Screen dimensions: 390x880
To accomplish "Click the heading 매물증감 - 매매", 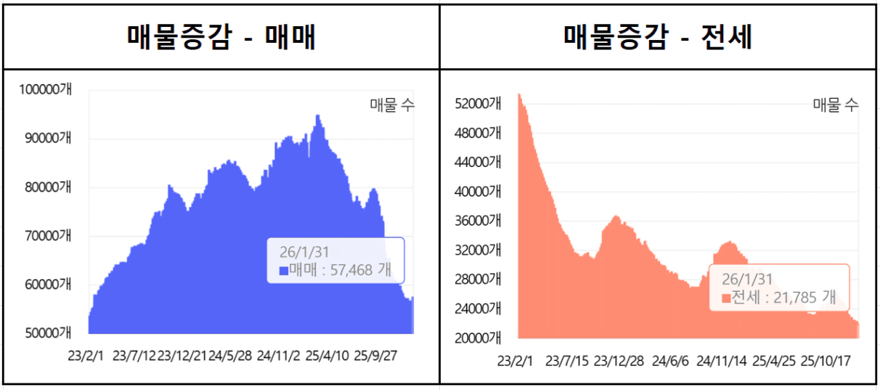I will [221, 36].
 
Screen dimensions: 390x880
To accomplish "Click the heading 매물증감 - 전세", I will [658, 36].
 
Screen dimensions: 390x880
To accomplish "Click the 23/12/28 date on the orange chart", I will [619, 360].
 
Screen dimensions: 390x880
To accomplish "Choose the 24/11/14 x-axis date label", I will [722, 360].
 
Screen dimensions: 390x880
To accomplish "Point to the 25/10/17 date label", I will [825, 360].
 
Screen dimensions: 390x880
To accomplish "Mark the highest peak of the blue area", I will [317, 115].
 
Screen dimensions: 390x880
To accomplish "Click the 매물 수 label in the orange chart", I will [835, 105].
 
